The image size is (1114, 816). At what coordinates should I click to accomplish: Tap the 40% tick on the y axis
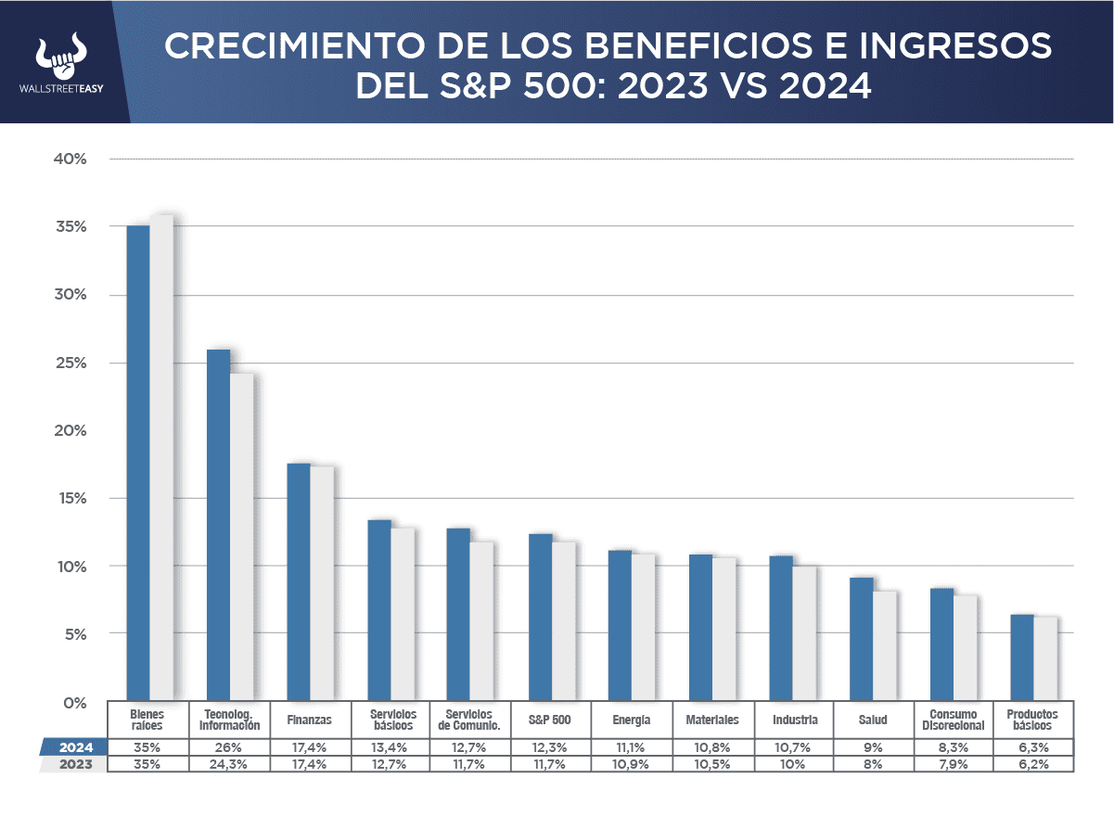(70, 159)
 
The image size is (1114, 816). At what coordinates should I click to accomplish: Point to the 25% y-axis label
(70, 363)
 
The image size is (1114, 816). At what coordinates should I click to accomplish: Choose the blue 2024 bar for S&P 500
(540, 617)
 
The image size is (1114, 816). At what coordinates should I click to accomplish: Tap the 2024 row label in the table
(74, 747)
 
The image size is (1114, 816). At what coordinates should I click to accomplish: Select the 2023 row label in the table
(74, 764)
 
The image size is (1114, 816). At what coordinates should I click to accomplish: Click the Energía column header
(632, 720)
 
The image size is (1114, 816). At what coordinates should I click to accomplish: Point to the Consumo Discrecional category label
(953, 720)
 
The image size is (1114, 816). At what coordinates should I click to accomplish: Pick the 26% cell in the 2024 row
(229, 747)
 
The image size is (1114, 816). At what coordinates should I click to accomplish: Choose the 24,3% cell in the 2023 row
(229, 764)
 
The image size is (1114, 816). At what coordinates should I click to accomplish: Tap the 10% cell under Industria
(793, 764)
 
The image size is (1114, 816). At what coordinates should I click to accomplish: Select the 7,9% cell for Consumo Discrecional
(953, 764)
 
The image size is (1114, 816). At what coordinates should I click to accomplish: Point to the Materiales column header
(712, 720)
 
